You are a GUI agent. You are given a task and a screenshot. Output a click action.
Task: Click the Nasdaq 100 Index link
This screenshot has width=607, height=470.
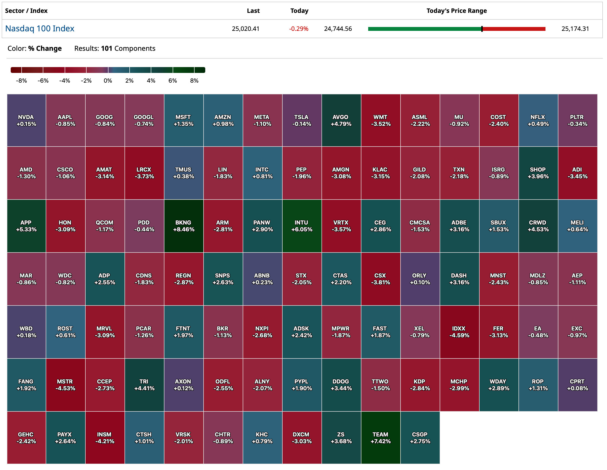[x=40, y=28]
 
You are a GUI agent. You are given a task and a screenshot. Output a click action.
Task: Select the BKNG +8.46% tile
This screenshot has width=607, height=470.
[x=183, y=226]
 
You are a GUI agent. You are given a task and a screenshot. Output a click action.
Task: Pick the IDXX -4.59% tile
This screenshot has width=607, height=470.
[x=459, y=332]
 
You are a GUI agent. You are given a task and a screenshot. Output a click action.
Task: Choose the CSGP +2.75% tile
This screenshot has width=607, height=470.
[x=420, y=437]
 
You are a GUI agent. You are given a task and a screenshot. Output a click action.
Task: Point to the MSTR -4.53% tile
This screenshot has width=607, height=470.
[x=65, y=385]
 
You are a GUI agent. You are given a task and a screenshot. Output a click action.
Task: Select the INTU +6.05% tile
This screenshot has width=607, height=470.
[x=302, y=226]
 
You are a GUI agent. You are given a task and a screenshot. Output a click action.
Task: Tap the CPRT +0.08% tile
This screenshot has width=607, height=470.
[x=577, y=385]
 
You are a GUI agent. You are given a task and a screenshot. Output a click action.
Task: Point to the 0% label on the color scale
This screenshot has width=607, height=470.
[x=108, y=80]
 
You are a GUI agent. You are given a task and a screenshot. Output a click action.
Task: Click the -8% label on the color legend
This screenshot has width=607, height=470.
[x=21, y=80]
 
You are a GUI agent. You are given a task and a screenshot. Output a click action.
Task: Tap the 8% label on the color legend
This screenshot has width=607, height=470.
[x=194, y=80]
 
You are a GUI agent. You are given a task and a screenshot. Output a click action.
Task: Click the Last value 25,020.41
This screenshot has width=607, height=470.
[x=245, y=29]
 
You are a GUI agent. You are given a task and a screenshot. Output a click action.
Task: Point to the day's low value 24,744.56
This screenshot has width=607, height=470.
[x=338, y=29]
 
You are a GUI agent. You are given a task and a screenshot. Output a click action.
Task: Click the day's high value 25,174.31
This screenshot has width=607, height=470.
[x=575, y=29]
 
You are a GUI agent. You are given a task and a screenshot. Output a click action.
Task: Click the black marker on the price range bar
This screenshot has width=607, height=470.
[x=482, y=29]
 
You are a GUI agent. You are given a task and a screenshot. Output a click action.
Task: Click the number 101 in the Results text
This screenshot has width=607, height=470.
[x=107, y=48]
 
